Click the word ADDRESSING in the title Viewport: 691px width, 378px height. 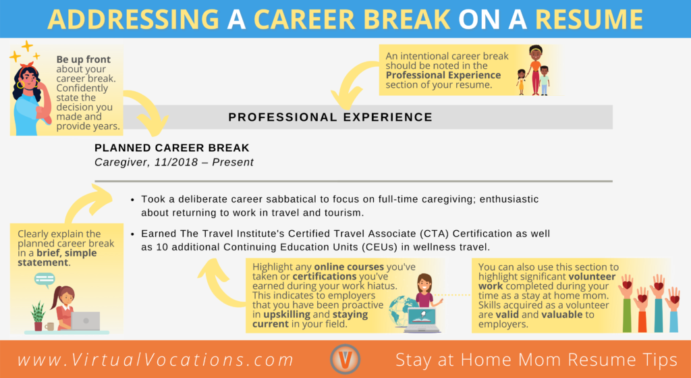(x=133, y=19)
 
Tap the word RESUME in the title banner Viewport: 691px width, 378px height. (x=588, y=19)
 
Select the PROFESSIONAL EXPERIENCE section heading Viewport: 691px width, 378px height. (x=331, y=117)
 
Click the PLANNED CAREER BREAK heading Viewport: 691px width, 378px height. (x=172, y=148)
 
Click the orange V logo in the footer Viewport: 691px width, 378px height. (x=345, y=359)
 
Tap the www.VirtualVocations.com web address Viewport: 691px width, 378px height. (x=156, y=360)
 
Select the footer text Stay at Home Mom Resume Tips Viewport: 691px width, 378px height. (x=536, y=360)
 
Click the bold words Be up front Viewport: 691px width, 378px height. (x=83, y=59)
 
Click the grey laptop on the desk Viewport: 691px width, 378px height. (x=86, y=321)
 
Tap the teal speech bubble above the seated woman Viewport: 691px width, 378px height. (x=45, y=279)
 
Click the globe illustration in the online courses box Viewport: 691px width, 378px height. (x=402, y=310)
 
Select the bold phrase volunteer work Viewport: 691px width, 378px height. (x=547, y=281)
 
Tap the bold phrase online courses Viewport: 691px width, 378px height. (x=349, y=267)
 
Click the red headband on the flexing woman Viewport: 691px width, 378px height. (x=27, y=65)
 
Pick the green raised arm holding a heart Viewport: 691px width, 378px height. (x=626, y=304)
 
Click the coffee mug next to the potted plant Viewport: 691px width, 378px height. (x=49, y=327)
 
